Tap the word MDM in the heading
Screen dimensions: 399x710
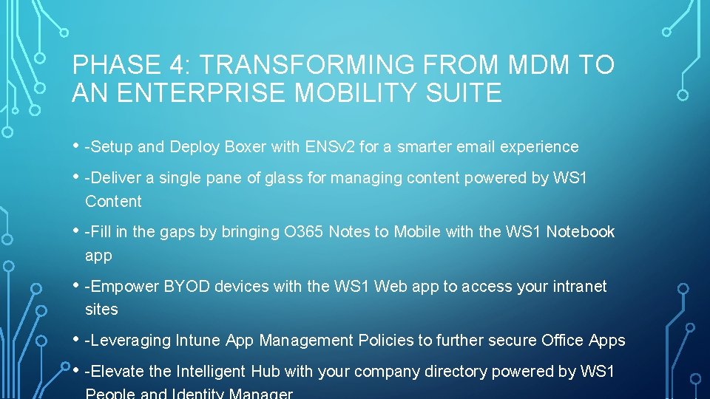[539, 66]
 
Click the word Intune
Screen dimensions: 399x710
[197, 341]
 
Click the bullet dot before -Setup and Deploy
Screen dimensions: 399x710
[76, 146]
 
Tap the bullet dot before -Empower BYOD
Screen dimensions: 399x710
[76, 285]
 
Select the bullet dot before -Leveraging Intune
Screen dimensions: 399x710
[76, 339]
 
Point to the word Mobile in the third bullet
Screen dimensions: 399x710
[417, 232]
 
